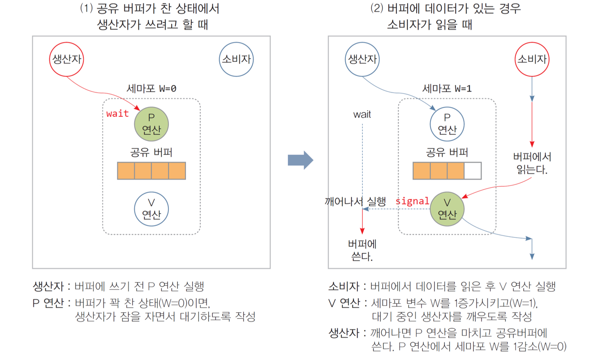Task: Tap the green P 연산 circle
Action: [x=152, y=124]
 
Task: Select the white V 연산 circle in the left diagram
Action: [x=152, y=209]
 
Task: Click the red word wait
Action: [x=117, y=114]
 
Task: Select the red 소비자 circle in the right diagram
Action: [x=532, y=59]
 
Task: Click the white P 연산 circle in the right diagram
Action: [x=447, y=124]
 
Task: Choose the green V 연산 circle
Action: [x=447, y=209]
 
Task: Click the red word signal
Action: [x=412, y=201]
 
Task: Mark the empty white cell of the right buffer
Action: [x=473, y=170]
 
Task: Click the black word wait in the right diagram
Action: [x=362, y=115]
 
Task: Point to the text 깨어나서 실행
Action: [x=355, y=201]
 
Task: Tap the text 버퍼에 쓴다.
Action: [x=362, y=250]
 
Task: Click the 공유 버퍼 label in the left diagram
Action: [x=151, y=152]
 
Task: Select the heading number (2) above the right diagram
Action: [x=376, y=9]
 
